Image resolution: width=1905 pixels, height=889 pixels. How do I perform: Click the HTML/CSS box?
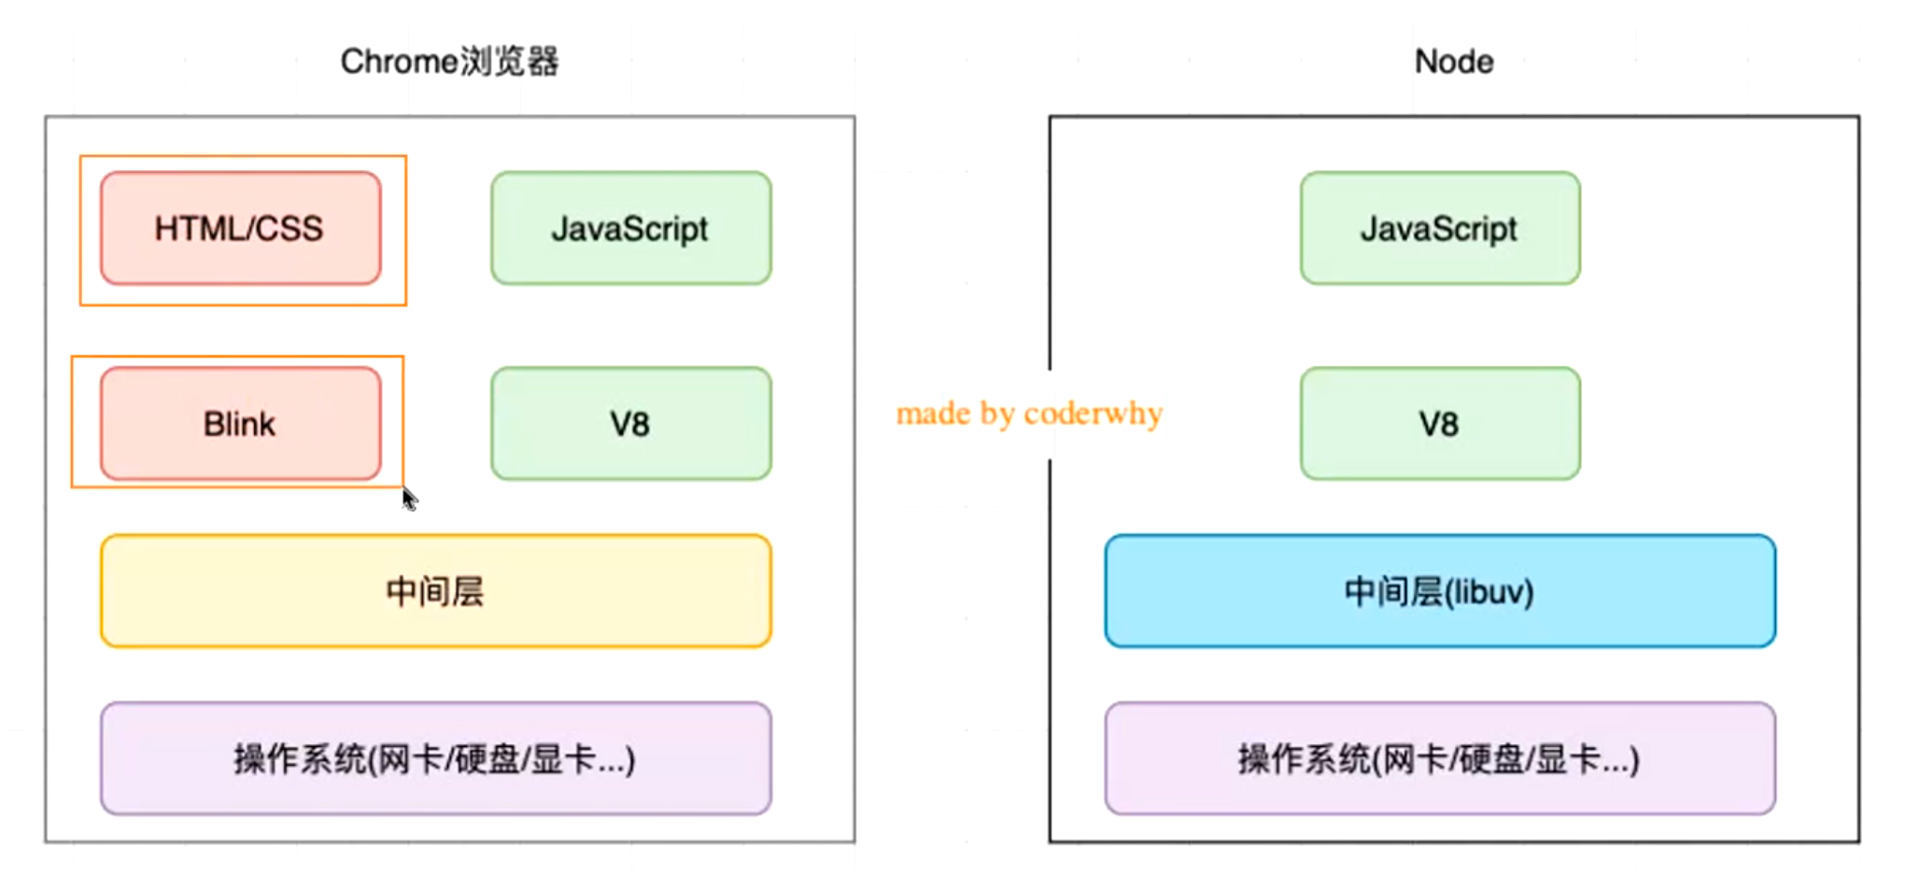[x=240, y=228]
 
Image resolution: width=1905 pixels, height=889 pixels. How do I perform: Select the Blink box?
[x=240, y=423]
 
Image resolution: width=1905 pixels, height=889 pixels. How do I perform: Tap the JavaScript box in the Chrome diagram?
[x=630, y=228]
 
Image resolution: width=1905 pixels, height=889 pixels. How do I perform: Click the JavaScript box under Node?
[x=1439, y=228]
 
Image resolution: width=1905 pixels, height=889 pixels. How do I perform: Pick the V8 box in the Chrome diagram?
[x=630, y=423]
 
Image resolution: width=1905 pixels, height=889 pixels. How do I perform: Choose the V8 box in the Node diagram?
[x=1439, y=423]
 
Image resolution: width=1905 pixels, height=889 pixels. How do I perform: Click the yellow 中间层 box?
[x=435, y=590]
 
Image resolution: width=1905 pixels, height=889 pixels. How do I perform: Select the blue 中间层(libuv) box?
[x=1439, y=590]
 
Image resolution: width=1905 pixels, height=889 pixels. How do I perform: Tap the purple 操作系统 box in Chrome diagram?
[x=435, y=758]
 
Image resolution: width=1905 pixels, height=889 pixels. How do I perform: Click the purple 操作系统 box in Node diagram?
[x=1439, y=758]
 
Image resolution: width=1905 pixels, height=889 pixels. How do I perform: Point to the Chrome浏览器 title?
[x=449, y=62]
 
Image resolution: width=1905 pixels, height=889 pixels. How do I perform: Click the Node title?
[x=1453, y=62]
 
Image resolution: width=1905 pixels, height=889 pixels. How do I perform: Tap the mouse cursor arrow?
[x=409, y=499]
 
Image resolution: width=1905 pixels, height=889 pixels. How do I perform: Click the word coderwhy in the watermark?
[x=1094, y=413]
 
